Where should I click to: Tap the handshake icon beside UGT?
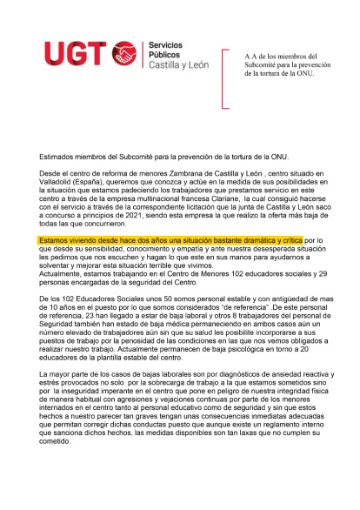[126, 56]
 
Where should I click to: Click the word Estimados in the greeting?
[58, 156]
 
